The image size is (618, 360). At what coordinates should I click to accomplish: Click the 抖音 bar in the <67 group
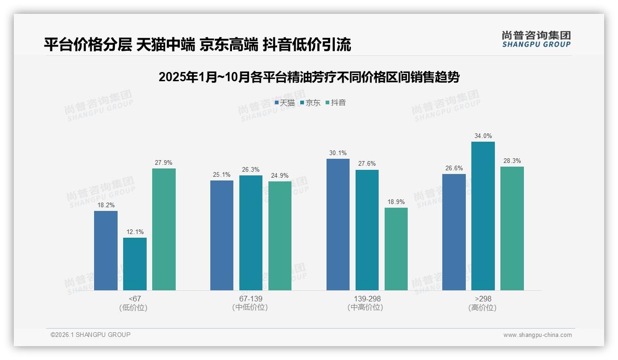[164, 229]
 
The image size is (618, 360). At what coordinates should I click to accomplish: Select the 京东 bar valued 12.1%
[135, 264]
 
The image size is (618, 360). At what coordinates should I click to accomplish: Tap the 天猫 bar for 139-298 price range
[338, 224]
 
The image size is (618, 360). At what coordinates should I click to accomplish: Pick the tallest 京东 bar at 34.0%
[483, 216]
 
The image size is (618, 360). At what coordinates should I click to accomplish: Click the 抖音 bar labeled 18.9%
[396, 249]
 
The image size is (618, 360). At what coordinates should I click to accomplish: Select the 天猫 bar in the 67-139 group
[222, 235]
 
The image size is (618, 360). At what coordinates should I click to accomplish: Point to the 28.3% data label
[512, 161]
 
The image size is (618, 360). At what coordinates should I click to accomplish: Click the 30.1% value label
[338, 153]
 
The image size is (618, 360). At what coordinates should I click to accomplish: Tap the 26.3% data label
[251, 170]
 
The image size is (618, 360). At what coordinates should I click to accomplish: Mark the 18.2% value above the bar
[106, 205]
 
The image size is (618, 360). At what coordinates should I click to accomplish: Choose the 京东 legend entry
[310, 103]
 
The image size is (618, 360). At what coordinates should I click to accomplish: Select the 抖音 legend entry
[335, 103]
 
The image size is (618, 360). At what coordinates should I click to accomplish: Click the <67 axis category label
[135, 299]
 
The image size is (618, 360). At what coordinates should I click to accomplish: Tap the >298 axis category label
[483, 299]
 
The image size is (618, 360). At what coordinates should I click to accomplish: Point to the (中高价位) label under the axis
[367, 308]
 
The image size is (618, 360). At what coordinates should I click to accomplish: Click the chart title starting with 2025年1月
[309, 77]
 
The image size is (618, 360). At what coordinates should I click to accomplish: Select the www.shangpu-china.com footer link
[537, 335]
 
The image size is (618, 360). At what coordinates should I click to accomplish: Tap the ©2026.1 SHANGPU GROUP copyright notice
[90, 335]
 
